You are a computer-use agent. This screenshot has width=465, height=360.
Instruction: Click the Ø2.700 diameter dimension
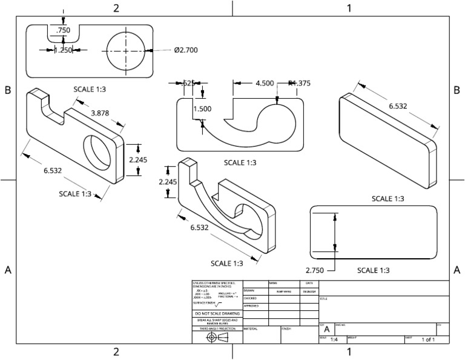click(x=186, y=50)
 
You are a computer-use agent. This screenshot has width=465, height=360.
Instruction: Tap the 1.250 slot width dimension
click(x=63, y=50)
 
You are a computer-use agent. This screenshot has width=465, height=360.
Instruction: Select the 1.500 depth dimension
click(x=203, y=109)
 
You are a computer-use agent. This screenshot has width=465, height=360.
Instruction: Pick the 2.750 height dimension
click(x=316, y=270)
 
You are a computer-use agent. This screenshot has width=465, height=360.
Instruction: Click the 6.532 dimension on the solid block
click(x=398, y=106)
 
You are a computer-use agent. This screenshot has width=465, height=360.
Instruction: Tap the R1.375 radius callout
click(x=300, y=84)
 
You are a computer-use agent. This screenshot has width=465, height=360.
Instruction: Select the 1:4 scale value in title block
click(x=334, y=340)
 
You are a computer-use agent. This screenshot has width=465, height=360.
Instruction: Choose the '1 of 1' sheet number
click(x=429, y=340)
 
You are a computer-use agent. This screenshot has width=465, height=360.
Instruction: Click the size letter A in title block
click(x=327, y=329)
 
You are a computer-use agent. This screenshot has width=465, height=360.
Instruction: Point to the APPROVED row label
click(x=251, y=306)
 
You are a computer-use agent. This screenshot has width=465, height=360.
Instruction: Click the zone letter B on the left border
click(x=8, y=90)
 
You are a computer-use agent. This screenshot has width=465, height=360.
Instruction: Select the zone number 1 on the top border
click(x=349, y=8)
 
